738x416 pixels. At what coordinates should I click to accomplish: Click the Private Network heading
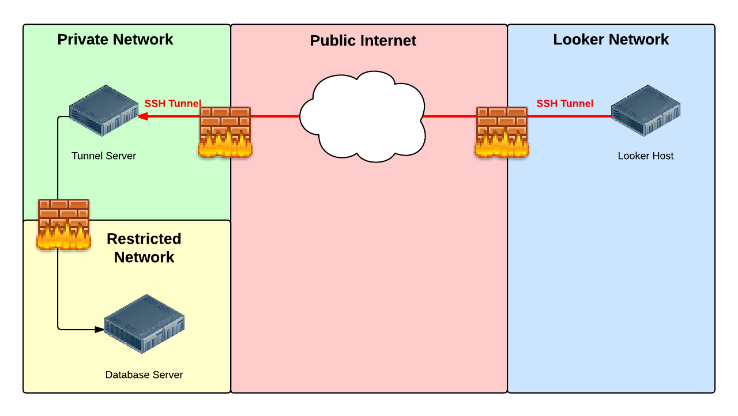click(x=115, y=40)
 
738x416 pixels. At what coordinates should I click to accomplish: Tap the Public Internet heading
click(x=363, y=41)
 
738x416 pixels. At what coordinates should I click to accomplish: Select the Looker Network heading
click(x=611, y=40)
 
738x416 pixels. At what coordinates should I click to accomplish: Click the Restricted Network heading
click(x=144, y=248)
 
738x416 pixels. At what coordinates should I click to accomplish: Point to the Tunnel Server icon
click(x=104, y=111)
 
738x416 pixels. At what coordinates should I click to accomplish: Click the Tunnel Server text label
click(x=104, y=156)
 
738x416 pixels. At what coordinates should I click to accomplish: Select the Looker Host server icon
click(x=646, y=111)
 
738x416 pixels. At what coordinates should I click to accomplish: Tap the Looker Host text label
click(x=645, y=156)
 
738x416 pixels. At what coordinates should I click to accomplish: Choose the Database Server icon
click(x=144, y=324)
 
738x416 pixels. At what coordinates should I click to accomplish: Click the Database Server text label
click(x=144, y=375)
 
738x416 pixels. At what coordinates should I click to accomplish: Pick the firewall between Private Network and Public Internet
click(x=225, y=133)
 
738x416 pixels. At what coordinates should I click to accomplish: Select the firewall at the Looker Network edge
click(x=502, y=133)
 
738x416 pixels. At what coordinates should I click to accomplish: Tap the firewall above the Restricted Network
click(x=63, y=224)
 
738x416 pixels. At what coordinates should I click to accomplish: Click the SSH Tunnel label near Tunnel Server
click(x=172, y=104)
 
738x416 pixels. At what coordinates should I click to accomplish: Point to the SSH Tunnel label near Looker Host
click(x=564, y=104)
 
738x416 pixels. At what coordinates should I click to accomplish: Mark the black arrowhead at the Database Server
click(x=100, y=330)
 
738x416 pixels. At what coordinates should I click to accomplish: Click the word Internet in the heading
click(x=390, y=41)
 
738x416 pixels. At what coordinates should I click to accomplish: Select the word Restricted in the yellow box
click(x=144, y=239)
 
